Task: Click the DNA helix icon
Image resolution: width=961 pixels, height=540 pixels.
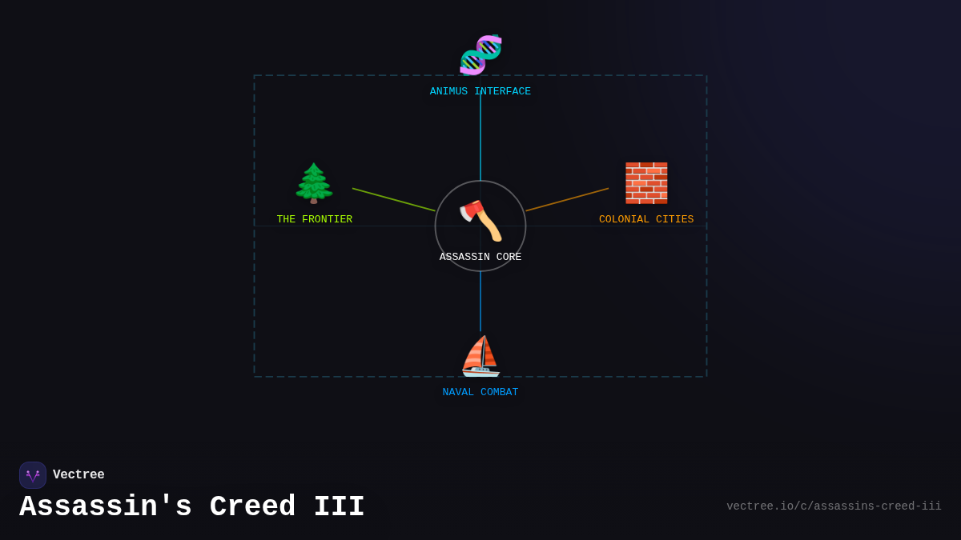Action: pos(480,54)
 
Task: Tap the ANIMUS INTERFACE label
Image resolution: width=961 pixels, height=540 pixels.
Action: pos(480,92)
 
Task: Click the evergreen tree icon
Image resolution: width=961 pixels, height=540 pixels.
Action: pos(314,183)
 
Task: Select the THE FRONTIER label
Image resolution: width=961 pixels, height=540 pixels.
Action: pos(314,219)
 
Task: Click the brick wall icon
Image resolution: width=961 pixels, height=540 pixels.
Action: pos(646,183)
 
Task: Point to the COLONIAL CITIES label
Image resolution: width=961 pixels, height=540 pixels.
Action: pos(646,219)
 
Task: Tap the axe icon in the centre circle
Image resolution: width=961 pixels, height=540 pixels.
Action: pos(480,220)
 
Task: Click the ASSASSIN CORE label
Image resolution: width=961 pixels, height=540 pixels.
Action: pos(480,257)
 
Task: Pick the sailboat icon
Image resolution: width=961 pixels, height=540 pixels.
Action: pos(480,356)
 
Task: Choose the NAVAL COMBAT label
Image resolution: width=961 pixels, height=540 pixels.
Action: pos(480,392)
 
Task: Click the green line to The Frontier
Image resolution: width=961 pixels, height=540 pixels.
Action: pos(393,200)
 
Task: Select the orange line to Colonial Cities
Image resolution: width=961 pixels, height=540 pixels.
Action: pos(567,200)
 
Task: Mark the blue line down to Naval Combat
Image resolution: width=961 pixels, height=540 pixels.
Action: pos(480,302)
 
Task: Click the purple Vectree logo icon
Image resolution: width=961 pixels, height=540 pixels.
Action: pos(33,475)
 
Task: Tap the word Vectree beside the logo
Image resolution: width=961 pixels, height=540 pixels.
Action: pos(78,475)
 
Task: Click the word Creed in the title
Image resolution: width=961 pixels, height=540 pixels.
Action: pos(252,507)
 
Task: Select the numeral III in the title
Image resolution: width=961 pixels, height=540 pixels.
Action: pos(339,507)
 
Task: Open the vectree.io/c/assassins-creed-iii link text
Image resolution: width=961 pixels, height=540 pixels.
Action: pos(834,506)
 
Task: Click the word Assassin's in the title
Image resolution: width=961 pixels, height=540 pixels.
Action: pos(106,507)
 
